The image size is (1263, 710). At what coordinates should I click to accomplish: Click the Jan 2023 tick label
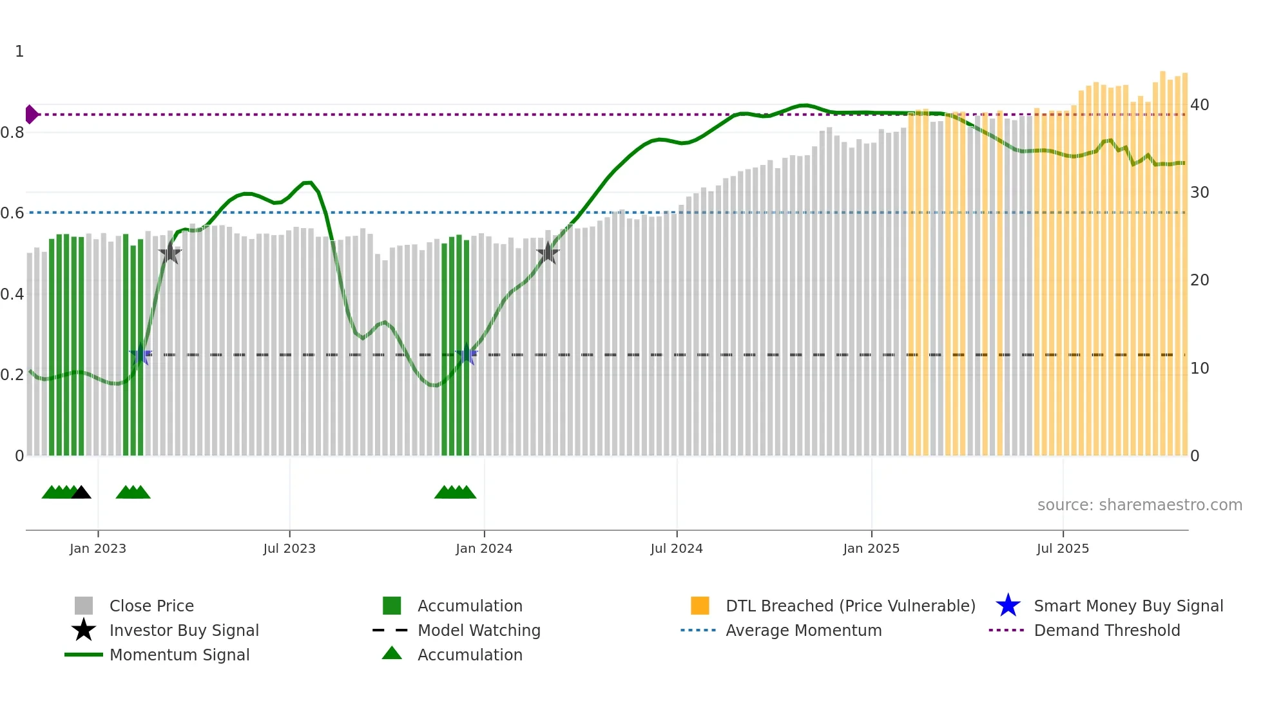point(98,548)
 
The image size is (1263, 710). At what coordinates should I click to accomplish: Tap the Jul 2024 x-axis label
point(677,548)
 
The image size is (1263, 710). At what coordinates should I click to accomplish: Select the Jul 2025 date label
point(1063,548)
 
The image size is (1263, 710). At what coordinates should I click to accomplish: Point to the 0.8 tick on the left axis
point(12,133)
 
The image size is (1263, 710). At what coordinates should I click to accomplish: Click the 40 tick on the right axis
point(1200,104)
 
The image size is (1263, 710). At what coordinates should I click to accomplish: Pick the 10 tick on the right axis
point(1200,368)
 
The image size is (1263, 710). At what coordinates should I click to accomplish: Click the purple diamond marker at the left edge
point(31,114)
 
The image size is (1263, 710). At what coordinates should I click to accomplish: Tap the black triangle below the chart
point(81,493)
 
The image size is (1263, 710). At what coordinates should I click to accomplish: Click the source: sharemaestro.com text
point(1139,505)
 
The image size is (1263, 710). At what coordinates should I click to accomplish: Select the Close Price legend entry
point(151,606)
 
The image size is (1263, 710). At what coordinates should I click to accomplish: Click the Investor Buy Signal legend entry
point(184,630)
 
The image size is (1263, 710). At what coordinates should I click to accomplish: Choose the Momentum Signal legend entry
point(179,655)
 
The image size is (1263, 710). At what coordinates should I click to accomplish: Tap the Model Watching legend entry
point(479,630)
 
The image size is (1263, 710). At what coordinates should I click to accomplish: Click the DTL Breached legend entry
point(850,606)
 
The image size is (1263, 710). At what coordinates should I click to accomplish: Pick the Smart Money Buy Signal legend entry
point(1128,606)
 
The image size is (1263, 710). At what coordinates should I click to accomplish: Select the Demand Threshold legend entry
point(1106,630)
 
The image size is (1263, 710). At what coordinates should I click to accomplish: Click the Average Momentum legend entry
point(804,630)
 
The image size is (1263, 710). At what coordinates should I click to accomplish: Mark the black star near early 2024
point(548,253)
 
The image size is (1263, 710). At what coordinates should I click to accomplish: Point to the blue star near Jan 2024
point(466,354)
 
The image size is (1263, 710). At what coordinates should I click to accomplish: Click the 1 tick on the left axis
point(19,52)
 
